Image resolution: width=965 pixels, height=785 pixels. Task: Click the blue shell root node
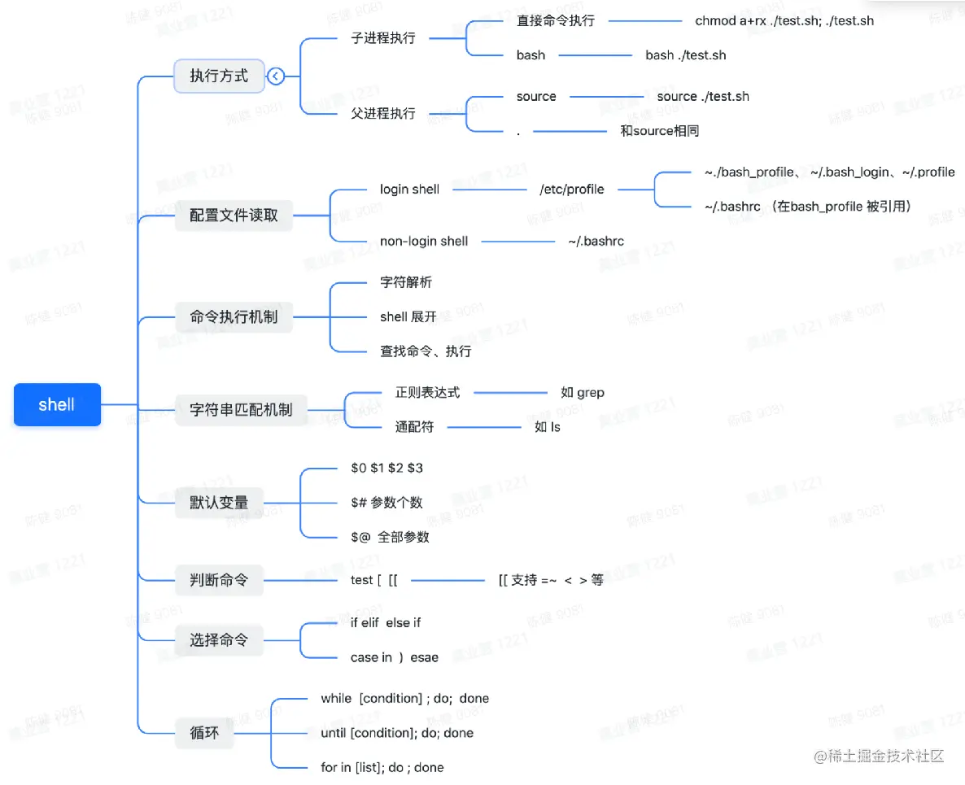[x=57, y=404]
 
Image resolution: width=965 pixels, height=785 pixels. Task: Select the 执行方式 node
[x=219, y=76]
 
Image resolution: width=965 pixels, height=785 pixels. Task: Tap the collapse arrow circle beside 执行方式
[x=276, y=76]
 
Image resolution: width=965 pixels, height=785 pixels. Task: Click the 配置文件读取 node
[x=234, y=216]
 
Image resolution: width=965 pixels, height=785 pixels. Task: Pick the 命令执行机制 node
[x=234, y=317]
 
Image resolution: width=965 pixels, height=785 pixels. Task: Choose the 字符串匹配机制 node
[x=241, y=409]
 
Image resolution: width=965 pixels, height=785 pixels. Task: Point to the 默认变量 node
[x=219, y=502]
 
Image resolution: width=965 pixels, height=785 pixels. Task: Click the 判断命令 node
[x=219, y=580]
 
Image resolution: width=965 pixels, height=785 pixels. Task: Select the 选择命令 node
[x=219, y=640]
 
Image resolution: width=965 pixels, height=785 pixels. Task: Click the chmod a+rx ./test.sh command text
[x=784, y=20]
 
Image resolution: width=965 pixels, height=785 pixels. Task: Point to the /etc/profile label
[x=572, y=190]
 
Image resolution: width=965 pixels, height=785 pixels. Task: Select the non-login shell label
[x=424, y=241]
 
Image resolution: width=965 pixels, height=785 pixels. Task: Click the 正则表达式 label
[x=427, y=392]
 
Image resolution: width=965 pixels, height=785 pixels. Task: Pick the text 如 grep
[x=583, y=392]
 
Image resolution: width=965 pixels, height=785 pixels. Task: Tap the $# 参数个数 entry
[x=386, y=502]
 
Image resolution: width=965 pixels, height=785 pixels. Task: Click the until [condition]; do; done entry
[x=397, y=733]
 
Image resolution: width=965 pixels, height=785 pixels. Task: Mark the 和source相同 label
[x=659, y=130]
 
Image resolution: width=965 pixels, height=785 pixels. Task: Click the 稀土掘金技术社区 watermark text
[x=886, y=756]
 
